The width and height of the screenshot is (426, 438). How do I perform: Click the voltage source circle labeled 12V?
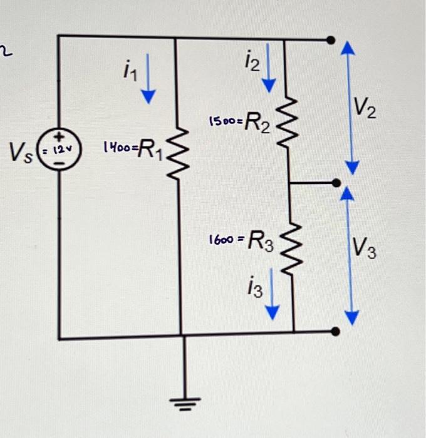point(60,150)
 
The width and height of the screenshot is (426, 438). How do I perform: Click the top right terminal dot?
point(331,40)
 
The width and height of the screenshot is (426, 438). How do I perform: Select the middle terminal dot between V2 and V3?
point(336,183)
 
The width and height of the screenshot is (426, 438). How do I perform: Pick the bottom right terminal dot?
point(335,331)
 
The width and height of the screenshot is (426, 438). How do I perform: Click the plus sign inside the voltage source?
point(60,138)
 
